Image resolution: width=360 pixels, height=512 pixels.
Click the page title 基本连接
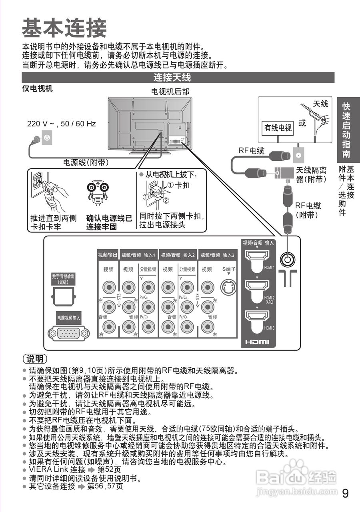[x=64, y=28]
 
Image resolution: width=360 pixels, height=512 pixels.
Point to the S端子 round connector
[x=228, y=287]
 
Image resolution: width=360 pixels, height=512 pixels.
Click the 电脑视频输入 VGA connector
[x=68, y=333]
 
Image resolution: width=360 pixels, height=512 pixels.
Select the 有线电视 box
[x=278, y=128]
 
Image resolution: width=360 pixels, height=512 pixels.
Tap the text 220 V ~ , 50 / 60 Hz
[x=61, y=124]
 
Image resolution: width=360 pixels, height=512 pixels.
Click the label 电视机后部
[x=170, y=92]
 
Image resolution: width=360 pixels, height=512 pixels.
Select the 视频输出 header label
[x=108, y=255]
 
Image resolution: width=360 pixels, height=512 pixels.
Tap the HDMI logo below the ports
[x=257, y=342]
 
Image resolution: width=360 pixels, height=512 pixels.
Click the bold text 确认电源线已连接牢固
[x=109, y=223]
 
